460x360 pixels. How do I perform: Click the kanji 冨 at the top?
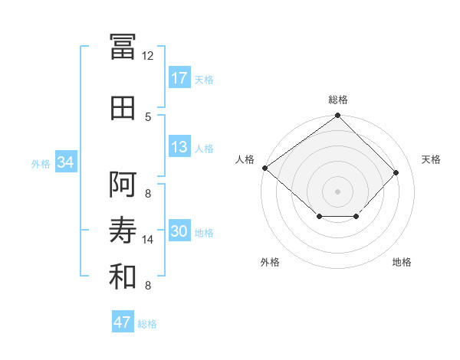[123, 46]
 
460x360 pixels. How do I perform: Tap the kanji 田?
[123, 108]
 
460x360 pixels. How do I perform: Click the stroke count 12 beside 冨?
[148, 55]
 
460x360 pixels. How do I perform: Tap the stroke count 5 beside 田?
[148, 117]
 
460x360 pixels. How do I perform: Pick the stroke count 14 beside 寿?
[148, 240]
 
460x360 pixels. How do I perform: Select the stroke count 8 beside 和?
[148, 286]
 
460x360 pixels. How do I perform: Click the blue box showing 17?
[179, 78]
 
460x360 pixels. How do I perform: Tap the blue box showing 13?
[179, 147]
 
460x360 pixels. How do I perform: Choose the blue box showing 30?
[179, 232]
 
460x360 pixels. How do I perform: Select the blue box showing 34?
[65, 162]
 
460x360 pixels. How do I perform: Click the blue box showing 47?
[123, 322]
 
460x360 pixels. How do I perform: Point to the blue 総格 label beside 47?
[147, 324]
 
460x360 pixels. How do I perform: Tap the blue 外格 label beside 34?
[41, 163]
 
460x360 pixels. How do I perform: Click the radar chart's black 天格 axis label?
[431, 159]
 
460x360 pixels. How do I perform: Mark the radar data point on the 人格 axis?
[264, 168]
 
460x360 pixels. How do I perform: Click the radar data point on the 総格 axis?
[337, 116]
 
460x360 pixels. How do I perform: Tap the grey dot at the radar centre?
[337, 190]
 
